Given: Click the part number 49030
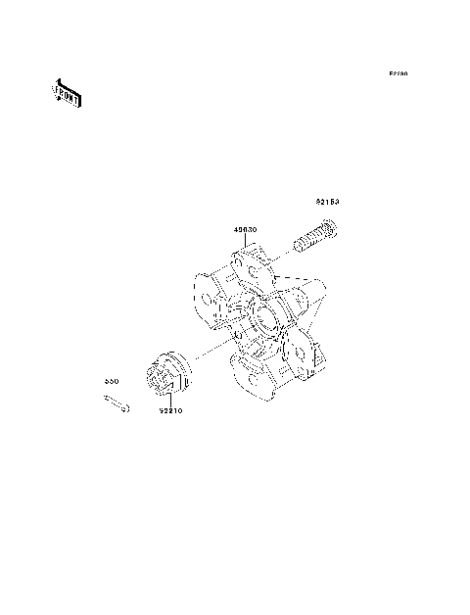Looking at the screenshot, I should pos(246,232).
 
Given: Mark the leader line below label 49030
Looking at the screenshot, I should pos(246,244).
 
